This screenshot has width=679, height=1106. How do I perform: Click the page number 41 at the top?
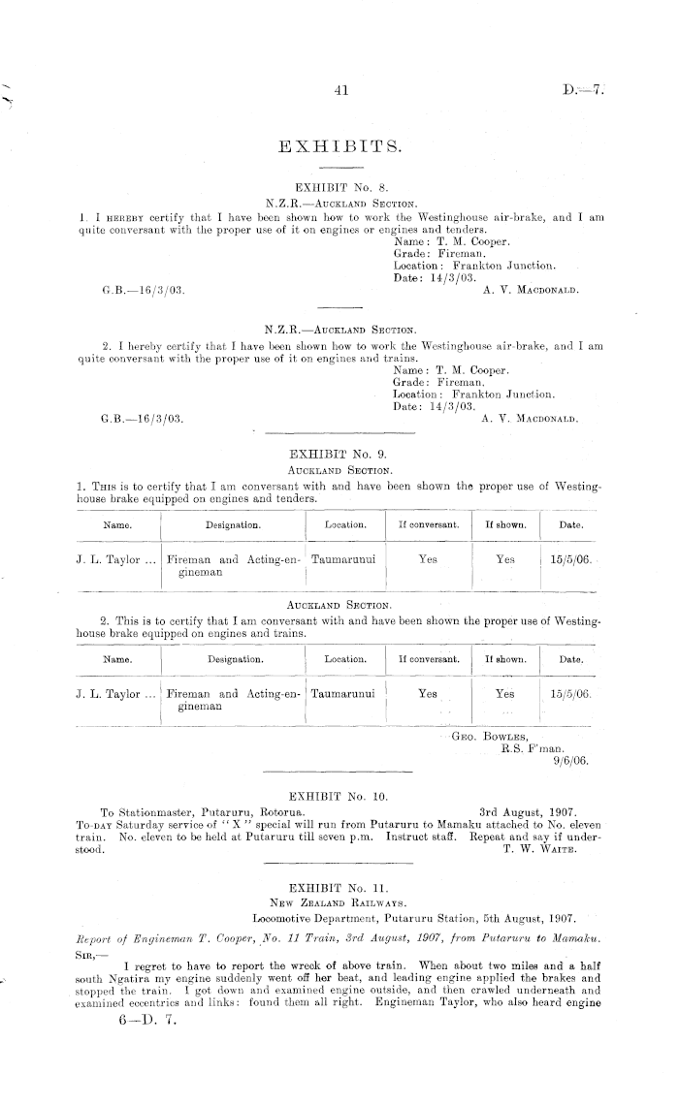pyautogui.click(x=339, y=91)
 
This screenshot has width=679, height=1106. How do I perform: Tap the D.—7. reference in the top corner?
pyautogui.click(x=582, y=91)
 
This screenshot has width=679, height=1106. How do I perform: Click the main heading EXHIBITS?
pyautogui.click(x=339, y=146)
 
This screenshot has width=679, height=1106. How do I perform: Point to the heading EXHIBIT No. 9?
pyautogui.click(x=339, y=453)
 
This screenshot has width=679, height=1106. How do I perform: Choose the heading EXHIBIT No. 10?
pyautogui.click(x=339, y=795)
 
